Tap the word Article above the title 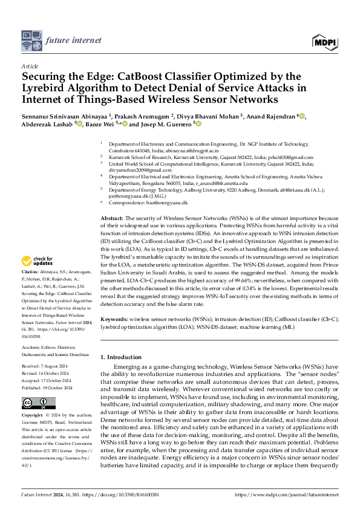tap(30, 66)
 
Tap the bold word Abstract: tap(111, 218)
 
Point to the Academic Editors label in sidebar tap(40, 340)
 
